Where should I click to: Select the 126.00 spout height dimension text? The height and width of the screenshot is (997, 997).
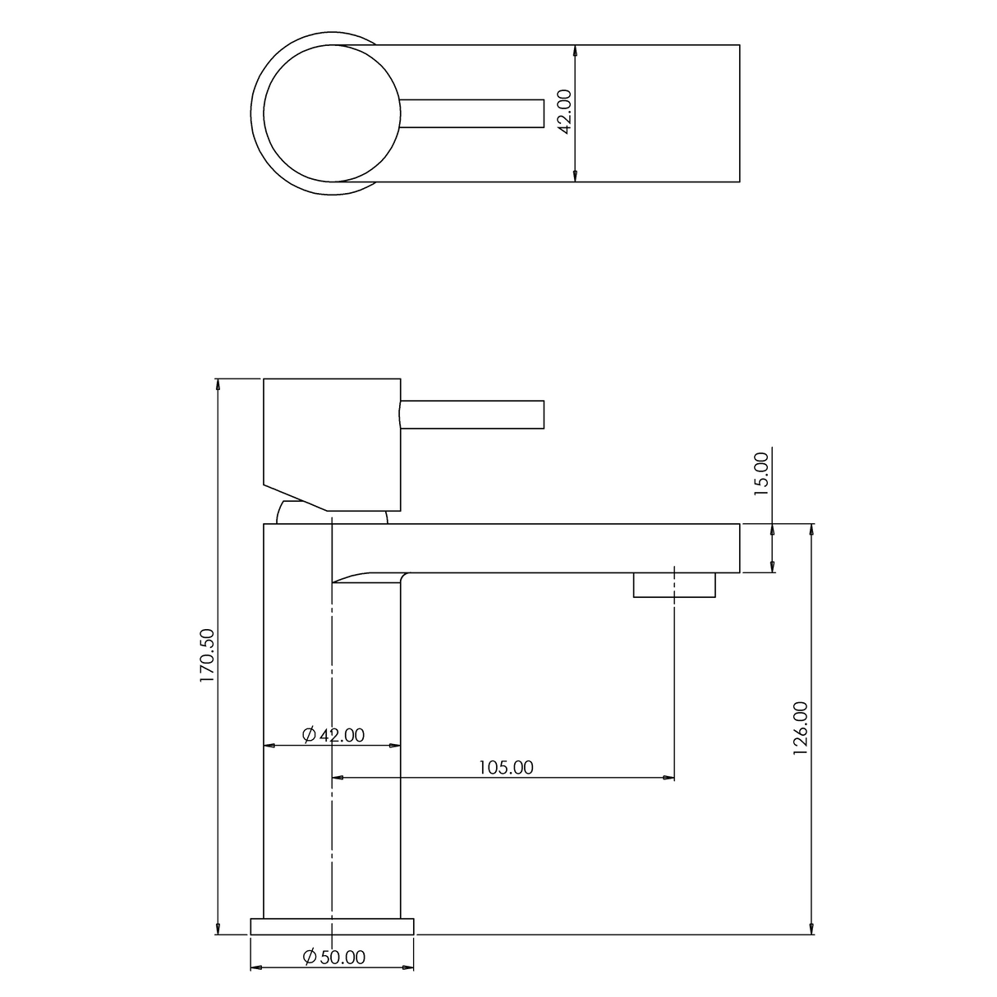pos(801,728)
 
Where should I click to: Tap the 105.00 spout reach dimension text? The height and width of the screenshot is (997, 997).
pos(505,767)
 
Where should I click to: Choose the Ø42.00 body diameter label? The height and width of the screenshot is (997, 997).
pos(333,735)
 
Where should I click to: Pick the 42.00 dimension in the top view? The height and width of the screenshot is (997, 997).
pos(564,113)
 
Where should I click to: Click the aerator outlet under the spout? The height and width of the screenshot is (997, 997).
pos(673,585)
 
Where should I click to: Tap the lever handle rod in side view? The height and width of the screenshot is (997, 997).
pos(472,414)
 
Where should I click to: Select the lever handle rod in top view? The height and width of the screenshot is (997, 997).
pos(472,113)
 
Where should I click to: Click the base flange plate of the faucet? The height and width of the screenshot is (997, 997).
pos(332,926)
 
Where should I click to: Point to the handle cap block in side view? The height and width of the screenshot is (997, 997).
pos(331,435)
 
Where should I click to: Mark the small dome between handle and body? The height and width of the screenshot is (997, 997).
pos(289,514)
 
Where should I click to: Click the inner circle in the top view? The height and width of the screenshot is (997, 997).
pos(332,113)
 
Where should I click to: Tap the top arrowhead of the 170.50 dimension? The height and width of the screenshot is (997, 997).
pos(218,384)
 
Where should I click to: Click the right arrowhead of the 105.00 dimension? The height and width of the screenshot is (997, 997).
pos(668,777)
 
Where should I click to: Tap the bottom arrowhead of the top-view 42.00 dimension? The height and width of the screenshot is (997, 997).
pos(575,175)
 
